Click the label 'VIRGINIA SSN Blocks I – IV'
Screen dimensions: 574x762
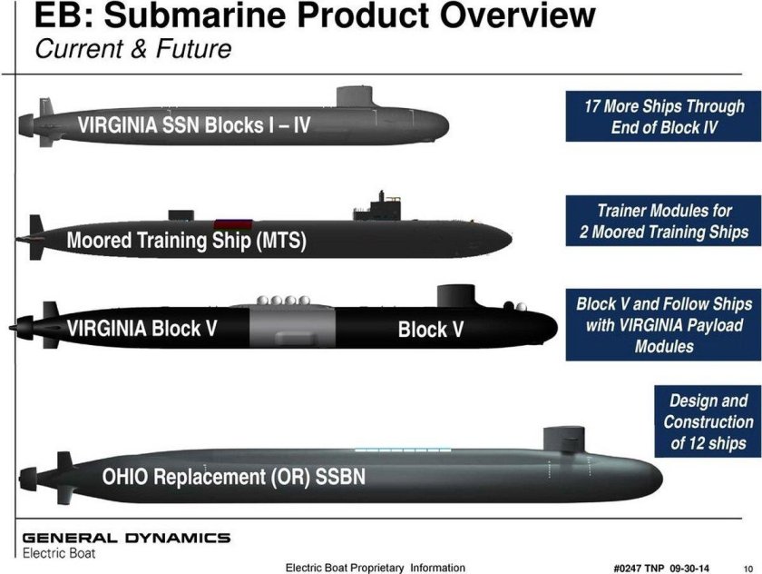pyautogui.click(x=194, y=125)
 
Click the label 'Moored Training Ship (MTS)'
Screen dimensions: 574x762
pyautogui.click(x=186, y=242)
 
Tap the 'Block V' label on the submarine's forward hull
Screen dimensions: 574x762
pyautogui.click(x=430, y=330)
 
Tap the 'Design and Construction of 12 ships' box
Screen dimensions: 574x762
pyautogui.click(x=708, y=421)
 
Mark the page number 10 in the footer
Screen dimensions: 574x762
pyautogui.click(x=747, y=568)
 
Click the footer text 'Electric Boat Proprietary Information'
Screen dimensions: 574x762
pyautogui.click(x=375, y=568)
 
